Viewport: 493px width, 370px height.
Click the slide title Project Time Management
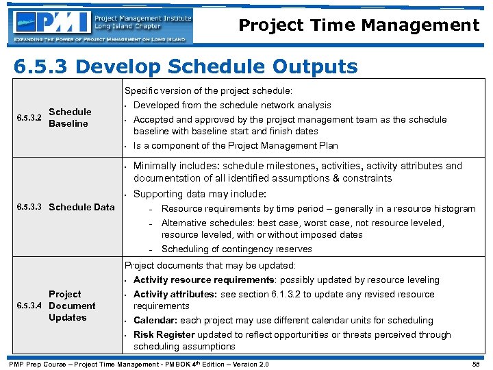click(359, 26)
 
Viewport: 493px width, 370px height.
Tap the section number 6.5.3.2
click(28, 118)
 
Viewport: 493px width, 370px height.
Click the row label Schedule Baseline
click(70, 118)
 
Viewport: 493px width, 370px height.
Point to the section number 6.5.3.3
click(28, 207)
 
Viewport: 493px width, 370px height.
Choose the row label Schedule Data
click(82, 207)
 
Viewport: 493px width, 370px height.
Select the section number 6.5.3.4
click(28, 306)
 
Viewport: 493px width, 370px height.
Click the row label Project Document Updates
click(72, 306)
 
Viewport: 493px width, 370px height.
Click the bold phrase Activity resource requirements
click(203, 280)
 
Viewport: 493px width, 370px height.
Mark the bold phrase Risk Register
click(164, 335)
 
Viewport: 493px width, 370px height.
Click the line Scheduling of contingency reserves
click(236, 249)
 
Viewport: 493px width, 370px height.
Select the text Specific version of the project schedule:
click(208, 91)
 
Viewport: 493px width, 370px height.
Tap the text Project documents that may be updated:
click(210, 266)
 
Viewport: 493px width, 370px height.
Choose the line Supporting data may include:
click(199, 194)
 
